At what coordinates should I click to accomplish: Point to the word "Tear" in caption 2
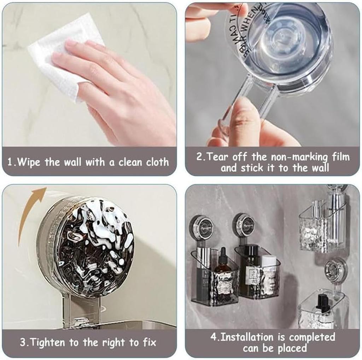tap(217, 157)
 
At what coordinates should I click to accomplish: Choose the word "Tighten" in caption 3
tap(41, 342)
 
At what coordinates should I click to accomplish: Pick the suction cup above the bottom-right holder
tap(335, 270)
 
